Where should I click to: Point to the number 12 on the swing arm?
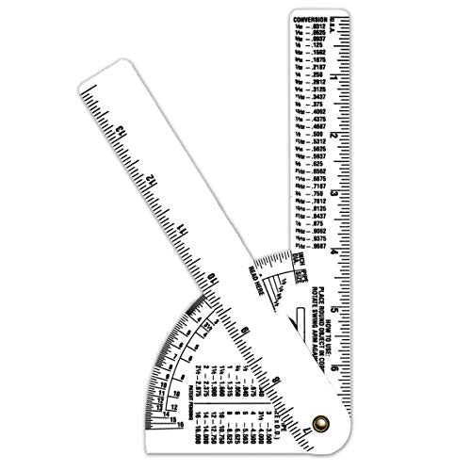pos(151,179)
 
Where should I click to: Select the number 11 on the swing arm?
pos(183,230)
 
